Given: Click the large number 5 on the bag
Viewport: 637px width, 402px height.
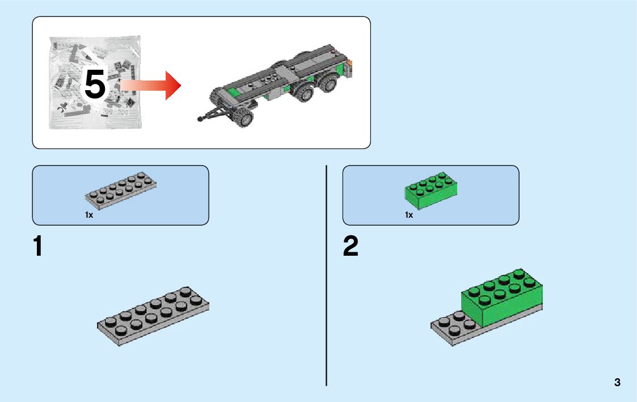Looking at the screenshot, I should tap(95, 86).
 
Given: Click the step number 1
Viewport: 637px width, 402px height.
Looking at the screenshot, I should tap(38, 247).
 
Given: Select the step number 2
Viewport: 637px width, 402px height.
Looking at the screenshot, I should tap(351, 247).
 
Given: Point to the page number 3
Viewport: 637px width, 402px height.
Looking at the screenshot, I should tap(617, 382).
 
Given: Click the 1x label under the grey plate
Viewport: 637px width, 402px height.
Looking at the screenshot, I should tap(89, 215).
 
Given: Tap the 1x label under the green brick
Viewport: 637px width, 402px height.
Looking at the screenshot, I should tap(408, 215).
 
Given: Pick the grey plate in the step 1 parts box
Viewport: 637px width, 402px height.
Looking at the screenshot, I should tap(121, 188).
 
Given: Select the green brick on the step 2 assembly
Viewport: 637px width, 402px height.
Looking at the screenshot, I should tap(502, 298).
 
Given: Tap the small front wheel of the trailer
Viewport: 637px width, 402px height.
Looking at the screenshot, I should tap(245, 118).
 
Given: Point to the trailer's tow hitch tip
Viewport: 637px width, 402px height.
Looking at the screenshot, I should tap(200, 119).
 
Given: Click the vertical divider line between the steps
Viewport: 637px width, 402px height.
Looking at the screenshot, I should tap(327, 275).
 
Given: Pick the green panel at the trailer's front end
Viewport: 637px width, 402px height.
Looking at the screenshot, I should tap(232, 92).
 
